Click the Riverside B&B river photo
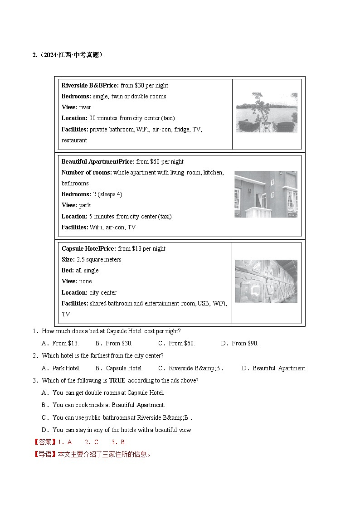tap(266, 112)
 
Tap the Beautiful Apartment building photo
tap(266, 194)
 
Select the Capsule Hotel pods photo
tap(266, 281)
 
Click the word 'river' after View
tap(85, 107)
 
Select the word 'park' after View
tap(85, 205)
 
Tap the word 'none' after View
tap(85, 281)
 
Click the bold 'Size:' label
tap(68, 260)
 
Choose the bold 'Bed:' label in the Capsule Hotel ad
tap(68, 271)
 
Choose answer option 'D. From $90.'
tap(239, 344)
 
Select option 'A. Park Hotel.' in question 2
tap(61, 368)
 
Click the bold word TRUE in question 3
tap(117, 381)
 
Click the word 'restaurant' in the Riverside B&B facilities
tap(74, 140)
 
